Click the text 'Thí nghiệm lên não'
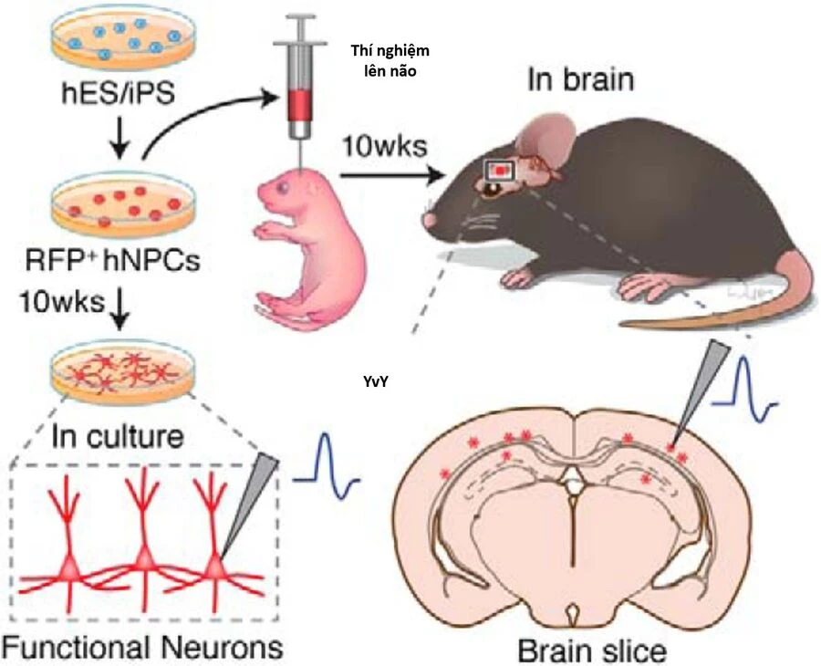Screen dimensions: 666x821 390,59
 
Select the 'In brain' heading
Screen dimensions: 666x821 579,79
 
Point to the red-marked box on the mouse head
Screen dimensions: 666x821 502,170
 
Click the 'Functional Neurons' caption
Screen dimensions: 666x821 140,647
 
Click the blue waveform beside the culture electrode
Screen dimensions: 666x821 327,460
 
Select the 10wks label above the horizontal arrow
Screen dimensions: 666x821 379,144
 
